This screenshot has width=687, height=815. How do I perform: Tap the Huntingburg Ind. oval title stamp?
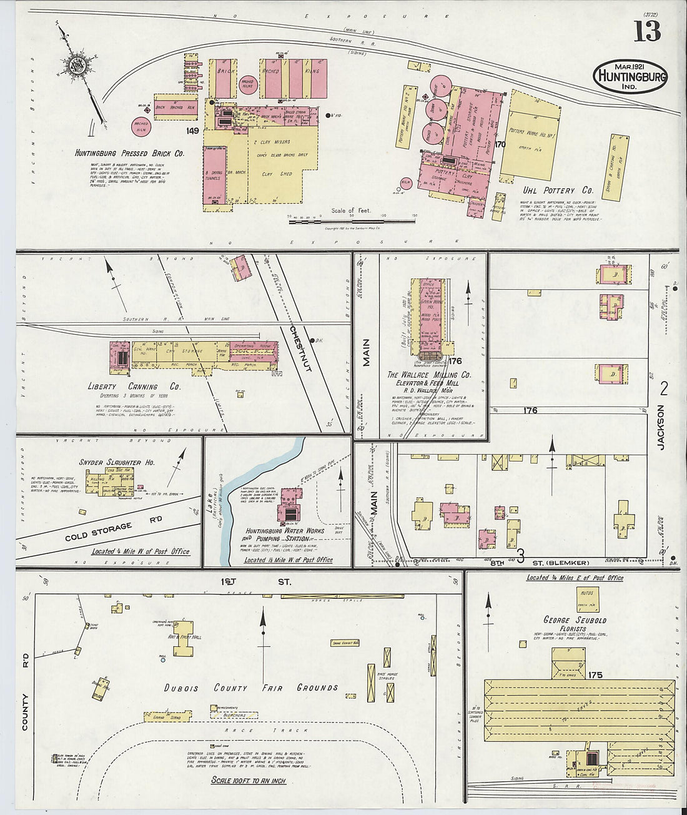coord(630,76)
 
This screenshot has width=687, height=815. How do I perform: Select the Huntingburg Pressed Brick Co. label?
coord(129,153)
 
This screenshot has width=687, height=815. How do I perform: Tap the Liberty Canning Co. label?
coord(134,387)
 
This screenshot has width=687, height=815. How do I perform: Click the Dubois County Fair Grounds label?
coord(251,688)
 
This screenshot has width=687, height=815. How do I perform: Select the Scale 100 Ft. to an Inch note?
coord(249,781)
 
